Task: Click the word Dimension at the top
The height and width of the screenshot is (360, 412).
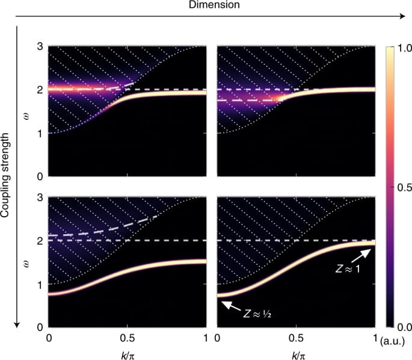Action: pos(206,5)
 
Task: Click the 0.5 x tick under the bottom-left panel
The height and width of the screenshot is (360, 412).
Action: pos(128,337)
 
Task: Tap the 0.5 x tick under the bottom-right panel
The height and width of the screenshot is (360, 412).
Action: pos(295,337)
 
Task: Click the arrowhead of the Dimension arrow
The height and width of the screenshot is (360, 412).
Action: pos(403,17)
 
